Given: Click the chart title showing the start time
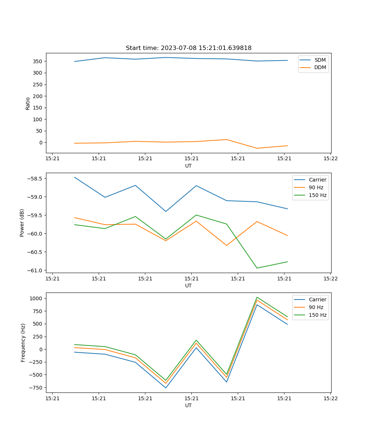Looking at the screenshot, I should tap(188, 48).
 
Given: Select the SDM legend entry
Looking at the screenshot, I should tap(320, 60).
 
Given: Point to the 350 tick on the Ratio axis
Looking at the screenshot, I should tap(38, 61).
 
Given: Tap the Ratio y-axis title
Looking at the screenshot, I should tap(28, 104).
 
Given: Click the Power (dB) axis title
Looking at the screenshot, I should tap(22, 223).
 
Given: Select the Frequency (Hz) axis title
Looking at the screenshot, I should tap(23, 343).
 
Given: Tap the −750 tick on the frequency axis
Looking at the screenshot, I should tap(37, 388).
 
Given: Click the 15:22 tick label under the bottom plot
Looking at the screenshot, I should tap(330, 398).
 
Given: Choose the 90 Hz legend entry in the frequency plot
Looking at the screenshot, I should tap(316, 307).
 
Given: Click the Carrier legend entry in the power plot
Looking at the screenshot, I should tap(317, 180).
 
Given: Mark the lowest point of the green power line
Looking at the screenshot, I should tap(257, 268).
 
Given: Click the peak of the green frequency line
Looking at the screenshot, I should tap(257, 297).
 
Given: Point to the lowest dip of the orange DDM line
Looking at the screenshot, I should tap(257, 148).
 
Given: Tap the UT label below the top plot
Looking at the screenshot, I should tap(188, 166).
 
